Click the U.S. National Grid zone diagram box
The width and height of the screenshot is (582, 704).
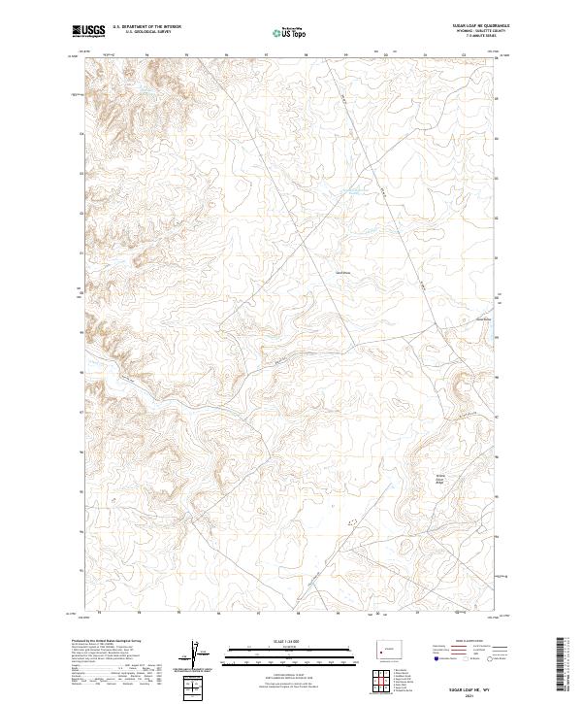coord(195,687)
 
